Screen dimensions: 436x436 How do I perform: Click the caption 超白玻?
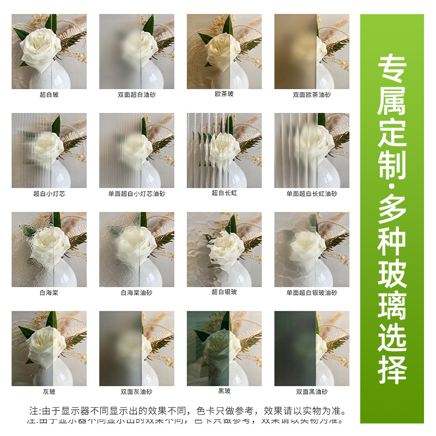pyautogui.click(x=49, y=94)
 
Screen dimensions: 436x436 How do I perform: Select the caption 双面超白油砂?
pyautogui.click(x=136, y=94)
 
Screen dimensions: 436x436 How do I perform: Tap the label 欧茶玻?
pyautogui.click(x=224, y=94)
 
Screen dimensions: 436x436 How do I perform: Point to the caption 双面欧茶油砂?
pyautogui.click(x=312, y=94)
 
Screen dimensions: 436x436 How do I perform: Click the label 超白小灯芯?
pyautogui.click(x=49, y=193)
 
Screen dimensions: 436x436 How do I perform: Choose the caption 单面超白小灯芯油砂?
pyautogui.click(x=136, y=193)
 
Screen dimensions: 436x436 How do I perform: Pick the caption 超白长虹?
pyautogui.click(x=224, y=193)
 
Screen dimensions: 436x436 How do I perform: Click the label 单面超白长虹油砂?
pyautogui.click(x=312, y=193)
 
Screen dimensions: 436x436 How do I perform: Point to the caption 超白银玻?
pyautogui.click(x=224, y=292)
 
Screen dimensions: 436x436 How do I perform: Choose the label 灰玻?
pyautogui.click(x=49, y=391)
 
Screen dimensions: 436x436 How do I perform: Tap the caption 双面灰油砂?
pyautogui.click(x=136, y=391)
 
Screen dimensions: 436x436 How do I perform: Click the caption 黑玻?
pyautogui.click(x=224, y=391)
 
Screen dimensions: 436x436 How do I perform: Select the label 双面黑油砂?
pyautogui.click(x=312, y=391)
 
